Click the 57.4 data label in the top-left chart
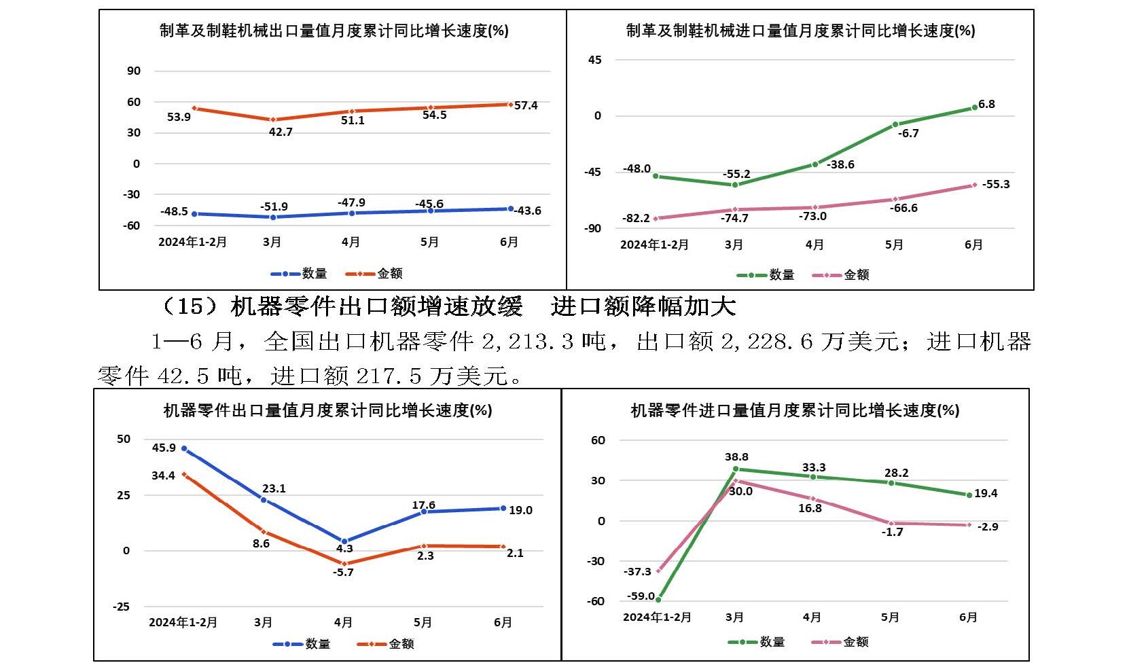click(526, 105)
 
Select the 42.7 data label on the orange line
click(281, 132)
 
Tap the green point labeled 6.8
click(974, 107)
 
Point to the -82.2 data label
click(637, 218)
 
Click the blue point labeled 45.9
click(184, 449)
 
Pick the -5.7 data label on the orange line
click(343, 572)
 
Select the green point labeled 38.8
click(735, 469)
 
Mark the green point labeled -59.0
click(658, 600)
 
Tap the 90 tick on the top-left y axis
click(134, 71)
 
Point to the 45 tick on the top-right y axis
click(594, 60)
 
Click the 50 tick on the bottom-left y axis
click(124, 439)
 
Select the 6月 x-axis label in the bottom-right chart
click(968, 617)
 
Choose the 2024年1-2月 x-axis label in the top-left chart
click(192, 242)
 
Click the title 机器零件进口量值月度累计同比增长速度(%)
click(795, 410)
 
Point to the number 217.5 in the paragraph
click(389, 375)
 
